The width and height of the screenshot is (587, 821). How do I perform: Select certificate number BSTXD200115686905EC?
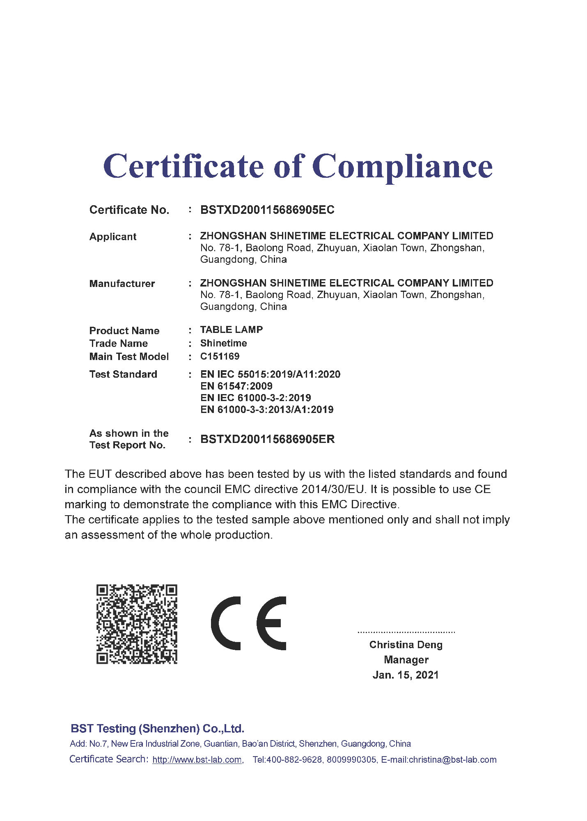267,210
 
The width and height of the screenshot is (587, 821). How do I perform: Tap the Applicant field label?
113,237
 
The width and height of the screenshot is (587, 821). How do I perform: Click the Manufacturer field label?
122,284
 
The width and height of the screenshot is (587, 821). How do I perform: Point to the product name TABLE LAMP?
232,330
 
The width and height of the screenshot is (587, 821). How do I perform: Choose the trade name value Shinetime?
224,343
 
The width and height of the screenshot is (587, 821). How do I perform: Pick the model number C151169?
220,356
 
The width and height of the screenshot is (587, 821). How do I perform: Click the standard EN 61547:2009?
236,386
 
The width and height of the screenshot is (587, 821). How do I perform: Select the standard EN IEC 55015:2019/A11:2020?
270,374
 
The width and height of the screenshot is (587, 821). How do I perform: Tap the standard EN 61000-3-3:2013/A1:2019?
267,409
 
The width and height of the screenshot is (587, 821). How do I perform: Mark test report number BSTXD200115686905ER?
267,439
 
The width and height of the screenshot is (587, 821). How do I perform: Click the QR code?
137,624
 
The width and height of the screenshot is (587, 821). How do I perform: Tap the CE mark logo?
249,623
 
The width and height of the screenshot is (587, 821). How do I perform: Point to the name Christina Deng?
406,645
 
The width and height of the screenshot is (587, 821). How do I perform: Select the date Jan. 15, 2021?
406,675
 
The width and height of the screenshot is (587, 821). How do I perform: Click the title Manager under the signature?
406,660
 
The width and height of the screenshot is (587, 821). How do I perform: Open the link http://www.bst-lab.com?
197,760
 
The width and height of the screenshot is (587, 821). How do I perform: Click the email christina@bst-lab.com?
452,760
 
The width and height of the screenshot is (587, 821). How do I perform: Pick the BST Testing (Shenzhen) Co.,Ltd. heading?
158,729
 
